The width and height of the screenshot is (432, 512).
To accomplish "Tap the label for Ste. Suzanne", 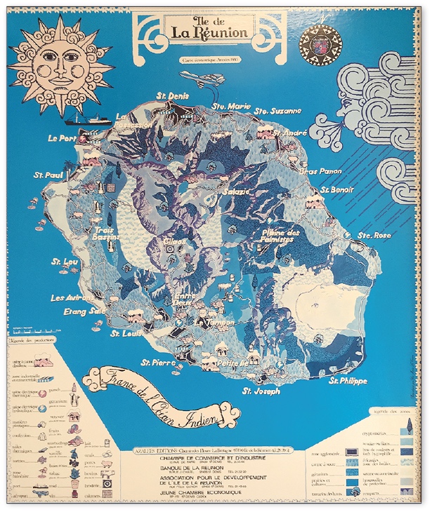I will pyautogui.click(x=277, y=111).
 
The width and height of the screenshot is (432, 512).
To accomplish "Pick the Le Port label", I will pyautogui.click(x=63, y=139).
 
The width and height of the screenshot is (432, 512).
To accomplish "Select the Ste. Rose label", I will pyautogui.click(x=374, y=235).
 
